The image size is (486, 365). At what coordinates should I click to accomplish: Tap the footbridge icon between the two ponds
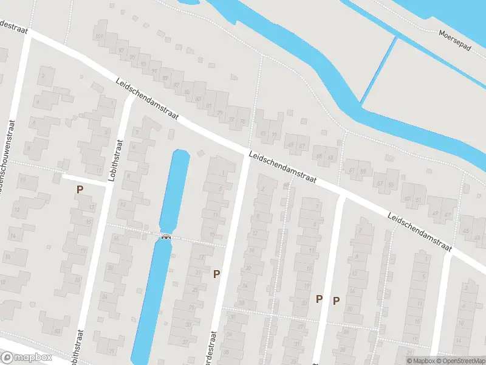166,237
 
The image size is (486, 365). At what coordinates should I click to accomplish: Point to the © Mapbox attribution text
421,361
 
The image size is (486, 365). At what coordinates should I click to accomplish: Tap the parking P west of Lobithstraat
79,190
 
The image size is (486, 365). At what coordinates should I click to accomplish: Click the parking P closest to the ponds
216,274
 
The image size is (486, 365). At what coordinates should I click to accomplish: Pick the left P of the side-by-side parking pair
319,299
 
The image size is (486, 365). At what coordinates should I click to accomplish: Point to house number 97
122,50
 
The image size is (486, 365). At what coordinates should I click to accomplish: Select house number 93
143,63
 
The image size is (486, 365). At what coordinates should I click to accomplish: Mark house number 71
275,134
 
